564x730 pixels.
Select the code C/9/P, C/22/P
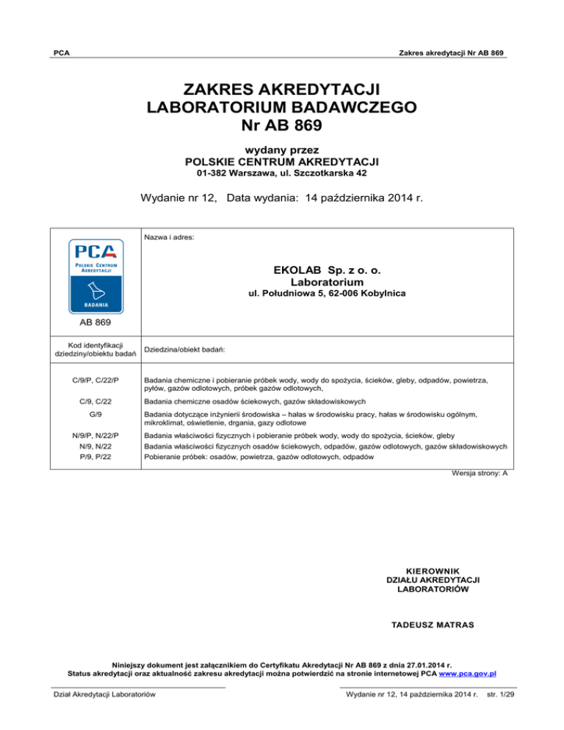[x=94, y=380]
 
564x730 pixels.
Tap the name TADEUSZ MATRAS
[x=430, y=625]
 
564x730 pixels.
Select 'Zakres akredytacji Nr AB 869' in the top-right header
[x=449, y=54]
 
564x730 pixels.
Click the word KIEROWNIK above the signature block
[x=430, y=569]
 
